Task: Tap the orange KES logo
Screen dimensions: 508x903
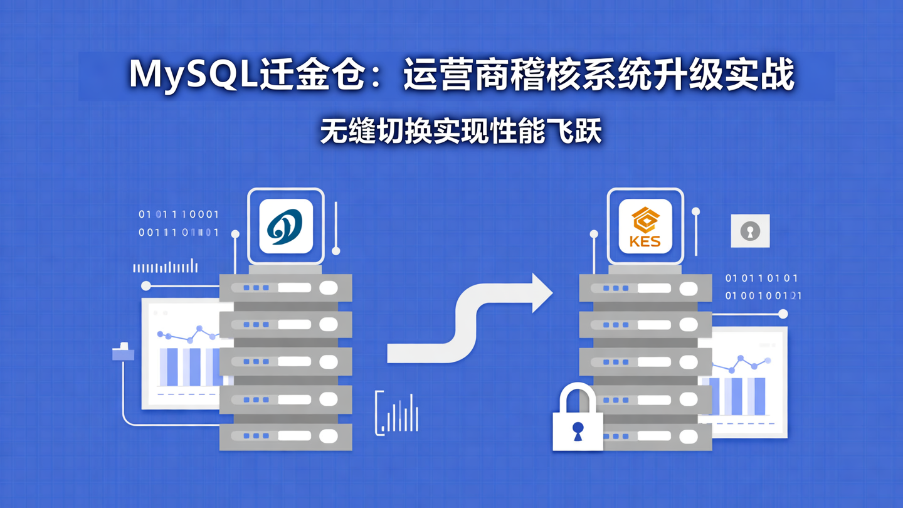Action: pyautogui.click(x=645, y=226)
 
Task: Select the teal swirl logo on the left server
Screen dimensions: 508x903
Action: pyautogui.click(x=285, y=226)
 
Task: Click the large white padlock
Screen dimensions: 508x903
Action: pyautogui.click(x=578, y=420)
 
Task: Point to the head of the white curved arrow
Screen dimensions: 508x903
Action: pyautogui.click(x=541, y=293)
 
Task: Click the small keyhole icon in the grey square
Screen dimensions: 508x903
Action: pyautogui.click(x=750, y=231)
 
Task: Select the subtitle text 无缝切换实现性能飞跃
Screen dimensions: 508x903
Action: pyautogui.click(x=461, y=132)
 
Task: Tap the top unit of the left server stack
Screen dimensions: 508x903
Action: pyautogui.click(x=286, y=288)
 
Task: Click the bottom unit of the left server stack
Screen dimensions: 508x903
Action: pyautogui.click(x=286, y=436)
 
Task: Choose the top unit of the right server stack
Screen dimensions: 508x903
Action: pyautogui.click(x=646, y=288)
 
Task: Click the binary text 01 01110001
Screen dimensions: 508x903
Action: pyautogui.click(x=179, y=214)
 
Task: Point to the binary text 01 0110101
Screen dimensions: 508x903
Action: pyautogui.click(x=761, y=278)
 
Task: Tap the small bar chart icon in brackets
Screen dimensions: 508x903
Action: pyautogui.click(x=398, y=414)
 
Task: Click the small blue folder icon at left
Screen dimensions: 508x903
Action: pyautogui.click(x=123, y=353)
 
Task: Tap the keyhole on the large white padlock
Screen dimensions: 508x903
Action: pyautogui.click(x=578, y=430)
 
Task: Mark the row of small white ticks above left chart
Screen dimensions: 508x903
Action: pyautogui.click(x=166, y=267)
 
